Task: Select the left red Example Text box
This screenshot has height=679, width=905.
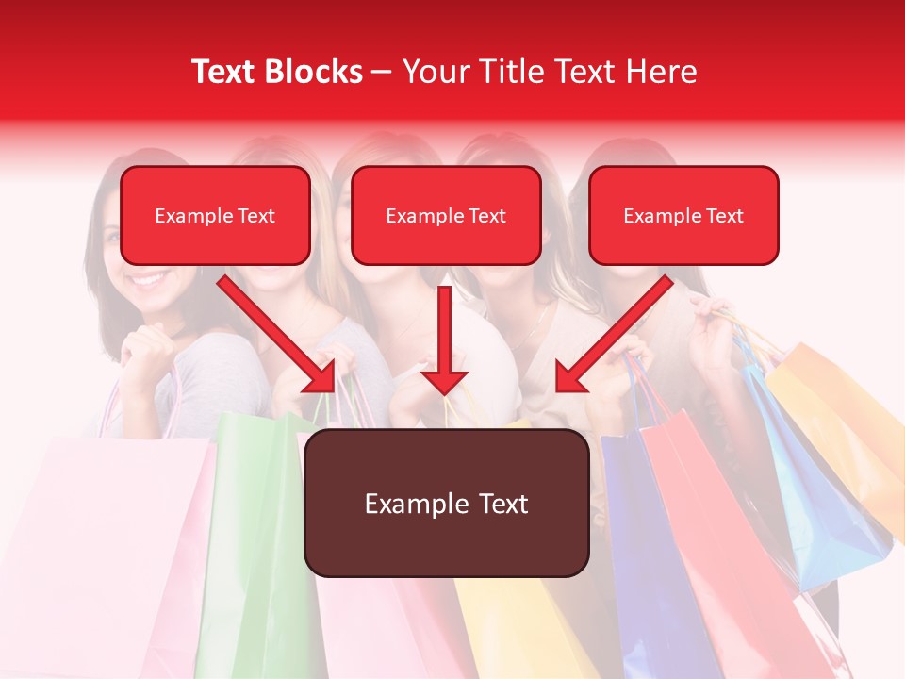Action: pos(215,216)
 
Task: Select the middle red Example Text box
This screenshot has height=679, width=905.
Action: pos(446,216)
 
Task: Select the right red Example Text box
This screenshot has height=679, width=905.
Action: pos(683,216)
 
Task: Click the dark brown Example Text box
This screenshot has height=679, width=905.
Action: pos(446,504)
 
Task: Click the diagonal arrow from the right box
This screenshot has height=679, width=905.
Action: pos(613,335)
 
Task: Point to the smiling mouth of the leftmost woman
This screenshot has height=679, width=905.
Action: pos(148,279)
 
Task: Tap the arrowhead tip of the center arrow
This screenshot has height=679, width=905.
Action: pos(444,392)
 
